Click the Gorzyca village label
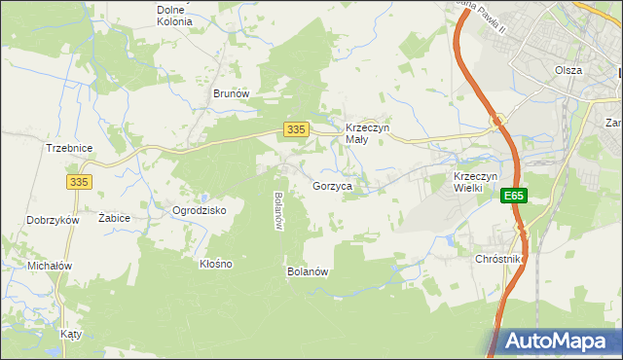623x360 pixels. (332, 186)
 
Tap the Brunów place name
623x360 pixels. (233, 93)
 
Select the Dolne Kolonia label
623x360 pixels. (174, 15)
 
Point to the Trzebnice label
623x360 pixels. (68, 148)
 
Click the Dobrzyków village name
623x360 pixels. (53, 221)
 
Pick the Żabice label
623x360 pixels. (115, 218)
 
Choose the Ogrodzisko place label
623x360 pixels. (200, 210)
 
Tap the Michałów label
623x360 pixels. (52, 266)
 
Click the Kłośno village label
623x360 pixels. (216, 264)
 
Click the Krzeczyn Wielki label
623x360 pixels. (476, 182)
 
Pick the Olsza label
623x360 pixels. (568, 70)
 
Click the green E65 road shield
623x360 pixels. (514, 197)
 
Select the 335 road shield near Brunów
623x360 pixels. (297, 129)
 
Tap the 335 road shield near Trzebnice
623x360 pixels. (80, 181)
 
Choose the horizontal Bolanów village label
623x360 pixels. (307, 271)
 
